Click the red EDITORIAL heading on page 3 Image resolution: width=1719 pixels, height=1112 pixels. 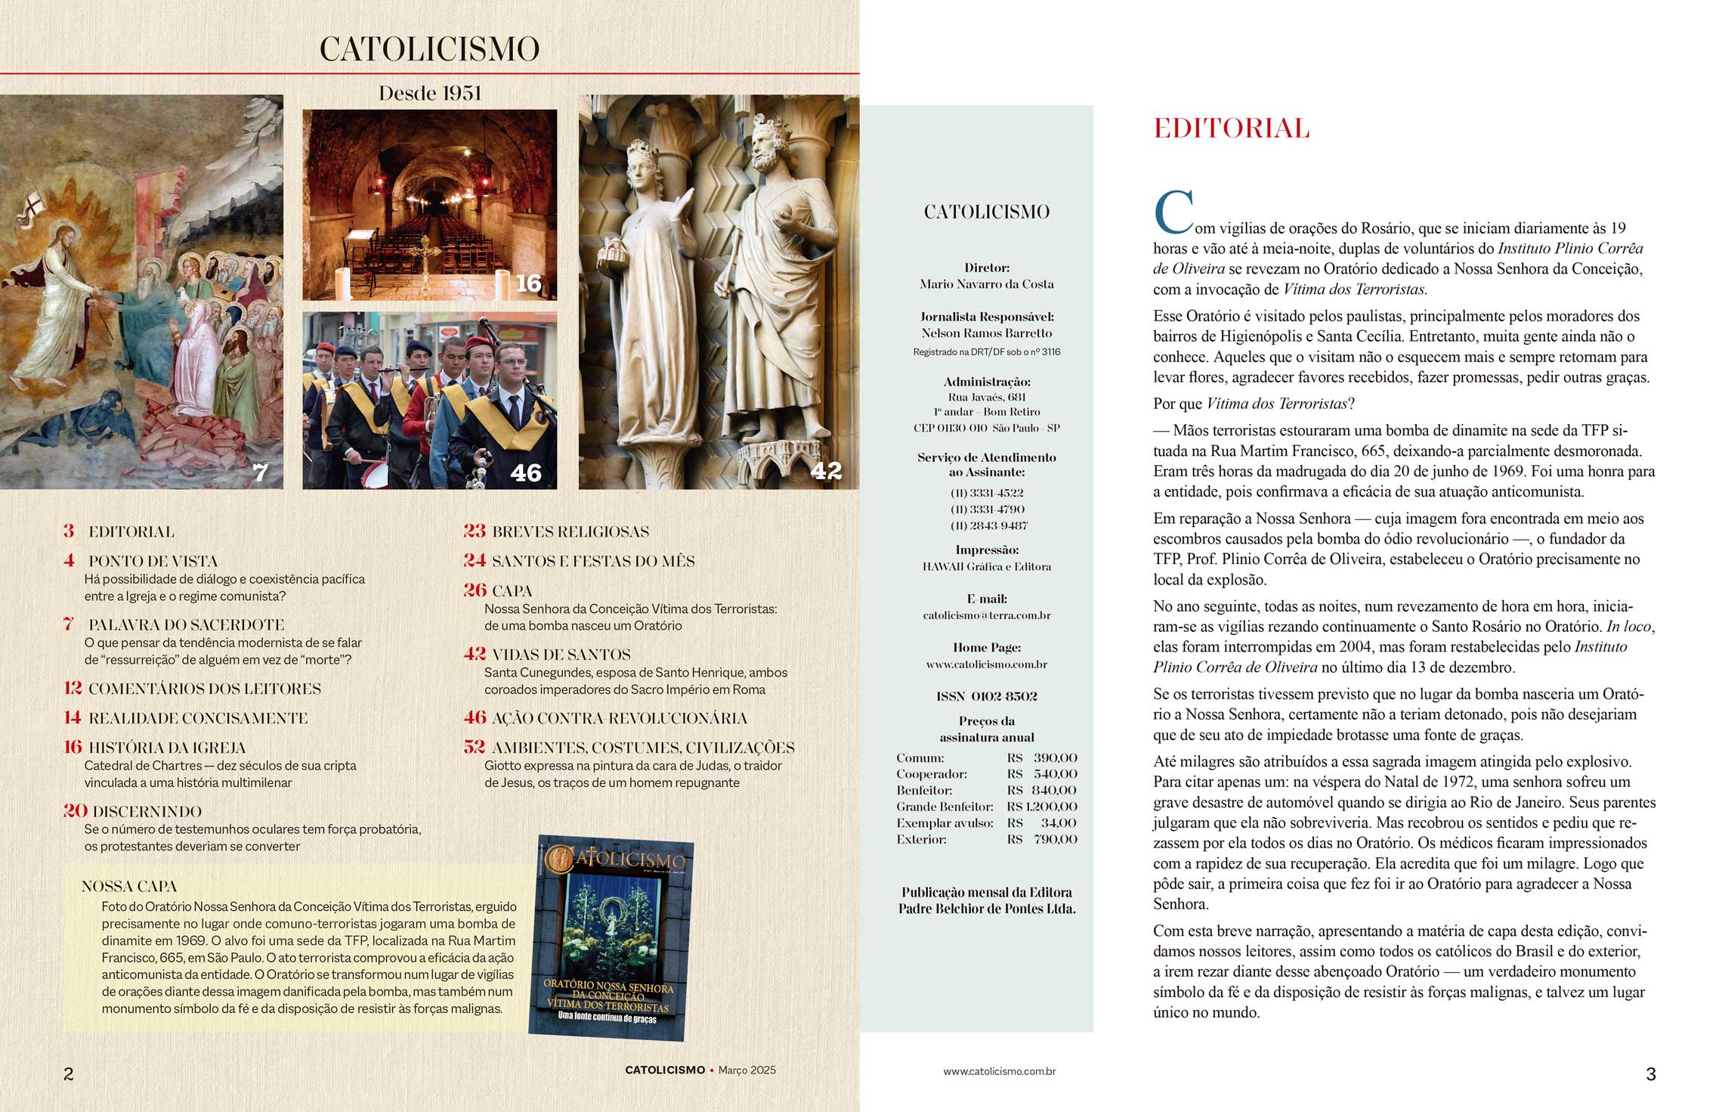pos(1231,129)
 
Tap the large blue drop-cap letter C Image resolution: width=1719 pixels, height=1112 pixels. pos(1173,212)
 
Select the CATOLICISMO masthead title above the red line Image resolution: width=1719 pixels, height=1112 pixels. pos(429,49)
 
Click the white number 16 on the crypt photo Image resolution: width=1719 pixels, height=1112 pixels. pos(528,283)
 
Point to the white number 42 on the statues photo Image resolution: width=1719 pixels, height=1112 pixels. pos(825,471)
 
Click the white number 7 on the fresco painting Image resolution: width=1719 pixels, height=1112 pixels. pos(260,472)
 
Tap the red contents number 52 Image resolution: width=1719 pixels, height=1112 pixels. pos(475,747)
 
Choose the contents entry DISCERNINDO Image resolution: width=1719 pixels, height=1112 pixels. pos(147,811)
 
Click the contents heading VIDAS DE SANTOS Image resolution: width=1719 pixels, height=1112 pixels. pos(561,655)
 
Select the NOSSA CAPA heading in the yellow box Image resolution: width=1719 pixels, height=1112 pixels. pos(129,886)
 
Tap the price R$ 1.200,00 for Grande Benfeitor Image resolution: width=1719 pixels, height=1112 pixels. pos(1041,807)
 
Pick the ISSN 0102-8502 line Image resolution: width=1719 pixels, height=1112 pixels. pos(986,696)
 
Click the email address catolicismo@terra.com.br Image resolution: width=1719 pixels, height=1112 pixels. pos(986,615)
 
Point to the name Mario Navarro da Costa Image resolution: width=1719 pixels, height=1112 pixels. pos(986,284)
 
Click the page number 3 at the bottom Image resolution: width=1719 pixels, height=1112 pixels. pos(1650,1073)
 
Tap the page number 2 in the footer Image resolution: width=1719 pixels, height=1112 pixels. pos(69,1073)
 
